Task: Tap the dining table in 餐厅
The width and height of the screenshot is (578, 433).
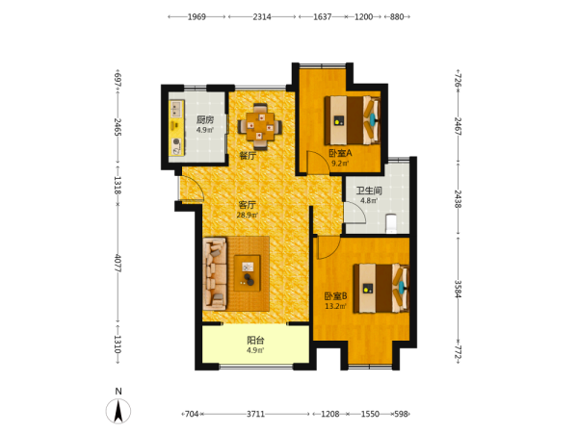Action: [x=260, y=126]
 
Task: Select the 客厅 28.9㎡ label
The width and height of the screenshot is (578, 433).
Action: [x=247, y=209]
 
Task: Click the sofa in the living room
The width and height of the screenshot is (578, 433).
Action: [x=215, y=273]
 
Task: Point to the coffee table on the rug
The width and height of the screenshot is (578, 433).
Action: [x=248, y=273]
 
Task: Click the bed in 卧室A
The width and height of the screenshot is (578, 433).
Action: [x=353, y=120]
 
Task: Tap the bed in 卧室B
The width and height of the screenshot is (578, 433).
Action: [x=381, y=288]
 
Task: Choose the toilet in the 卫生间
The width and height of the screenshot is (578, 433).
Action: [x=391, y=223]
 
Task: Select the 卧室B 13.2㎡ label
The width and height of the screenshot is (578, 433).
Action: [x=335, y=300]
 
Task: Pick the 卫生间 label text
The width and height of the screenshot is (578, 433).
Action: [x=369, y=191]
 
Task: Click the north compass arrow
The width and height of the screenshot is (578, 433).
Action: [x=118, y=411]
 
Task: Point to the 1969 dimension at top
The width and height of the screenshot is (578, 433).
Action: [x=197, y=17]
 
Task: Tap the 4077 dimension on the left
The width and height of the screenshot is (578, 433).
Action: [x=118, y=264]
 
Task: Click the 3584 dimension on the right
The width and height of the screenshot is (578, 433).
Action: [x=458, y=290]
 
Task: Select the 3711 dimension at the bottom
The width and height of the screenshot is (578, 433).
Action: [x=256, y=414]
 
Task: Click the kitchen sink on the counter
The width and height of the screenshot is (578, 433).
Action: [x=176, y=109]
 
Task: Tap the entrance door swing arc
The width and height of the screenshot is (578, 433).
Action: [x=196, y=187]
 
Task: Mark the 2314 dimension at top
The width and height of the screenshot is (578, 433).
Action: [x=262, y=17]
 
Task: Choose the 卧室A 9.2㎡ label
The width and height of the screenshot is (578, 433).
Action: [x=340, y=158]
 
